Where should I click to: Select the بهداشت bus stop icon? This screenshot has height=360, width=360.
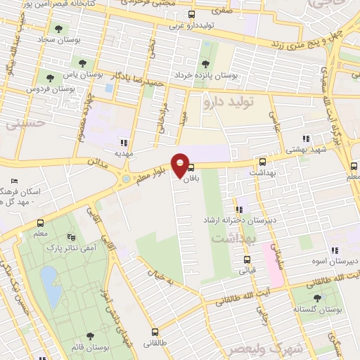[262, 162]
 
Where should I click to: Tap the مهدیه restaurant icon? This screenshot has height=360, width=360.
[124, 142]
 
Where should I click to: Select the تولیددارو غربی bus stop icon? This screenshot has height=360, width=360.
[192, 13]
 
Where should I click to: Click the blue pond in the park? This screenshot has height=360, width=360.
[49, 285]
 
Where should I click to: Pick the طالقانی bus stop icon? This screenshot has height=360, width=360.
[155, 333]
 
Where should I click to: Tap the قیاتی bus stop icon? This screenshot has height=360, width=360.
[245, 258]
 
